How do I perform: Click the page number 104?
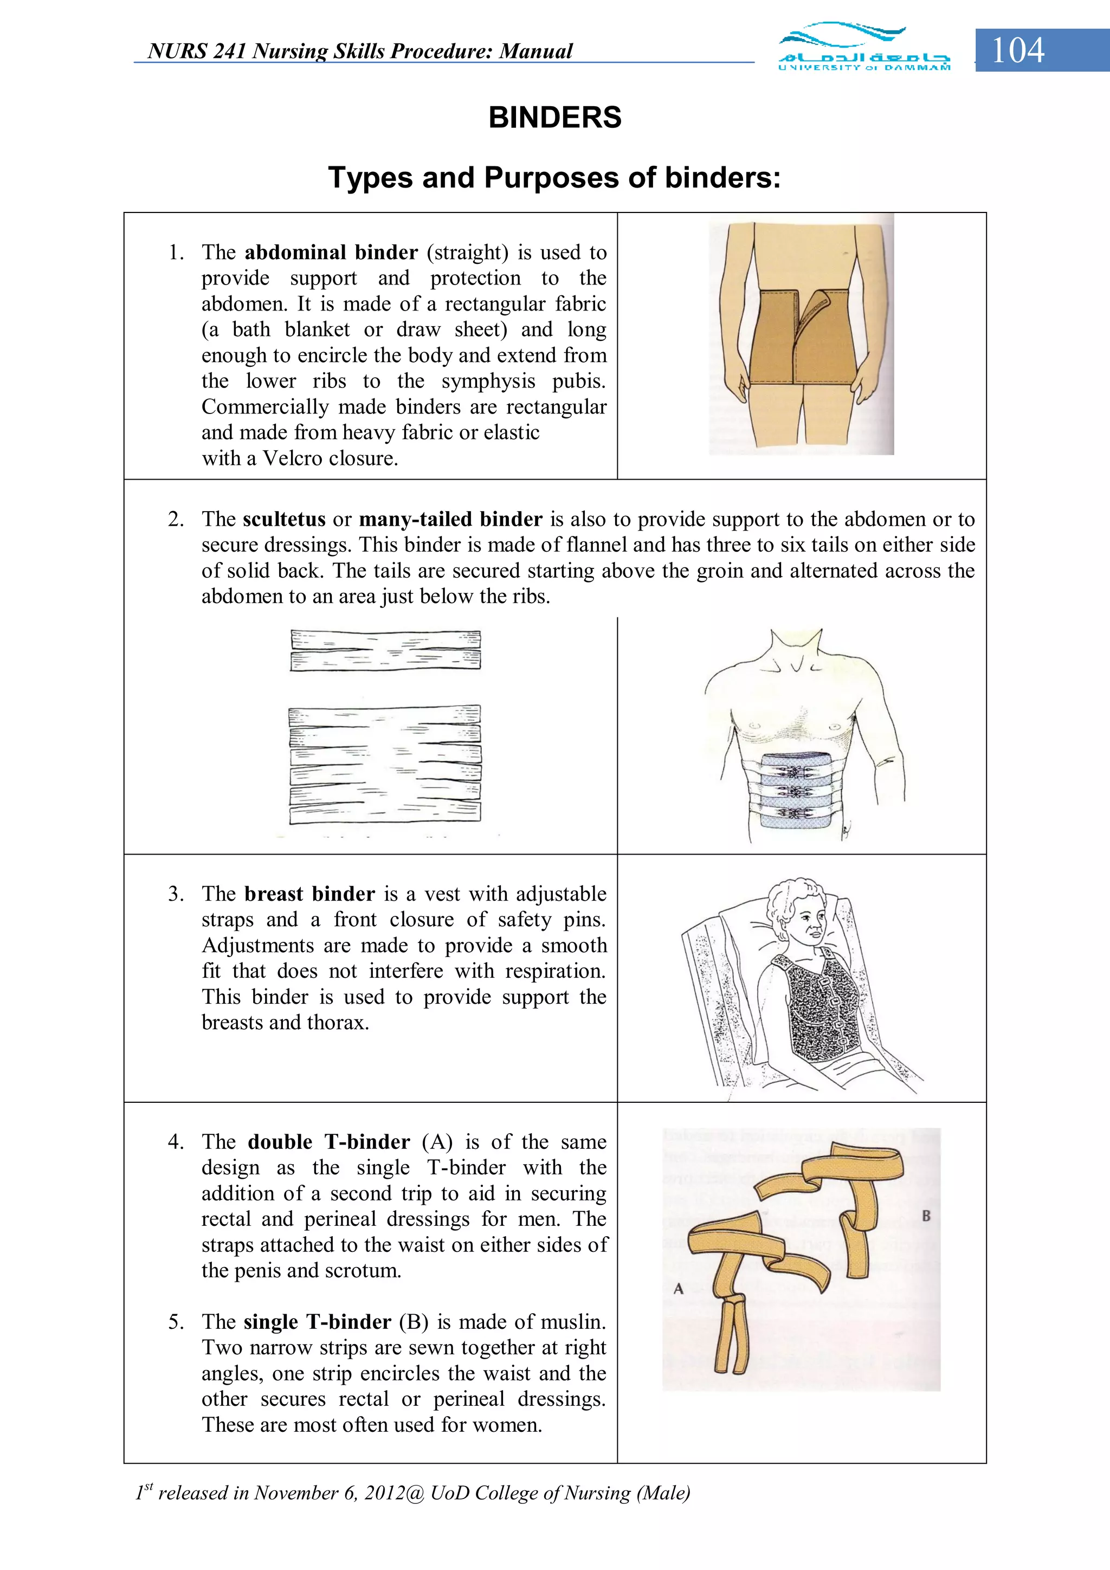pos(1018,50)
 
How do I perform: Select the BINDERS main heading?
pos(554,118)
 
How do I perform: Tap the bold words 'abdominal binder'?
pos(331,253)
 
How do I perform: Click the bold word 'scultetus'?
pos(284,519)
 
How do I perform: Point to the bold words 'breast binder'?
pos(309,894)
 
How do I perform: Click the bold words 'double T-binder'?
pos(328,1141)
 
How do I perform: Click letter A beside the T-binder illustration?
pos(679,1288)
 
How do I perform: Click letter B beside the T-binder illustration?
pos(926,1215)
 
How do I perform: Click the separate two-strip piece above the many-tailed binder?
pos(385,650)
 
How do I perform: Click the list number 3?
pos(176,894)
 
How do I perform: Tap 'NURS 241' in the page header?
pos(197,51)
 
